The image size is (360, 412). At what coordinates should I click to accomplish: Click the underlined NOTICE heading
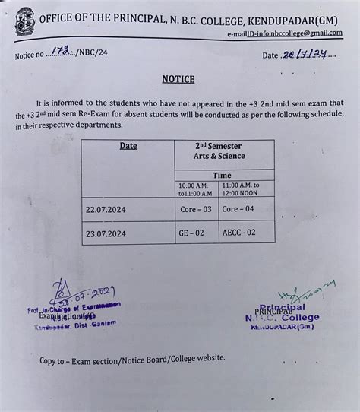[x=178, y=79]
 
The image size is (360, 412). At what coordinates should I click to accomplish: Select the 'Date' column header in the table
[x=128, y=145]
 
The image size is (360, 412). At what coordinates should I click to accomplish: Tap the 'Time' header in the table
[x=222, y=175]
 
